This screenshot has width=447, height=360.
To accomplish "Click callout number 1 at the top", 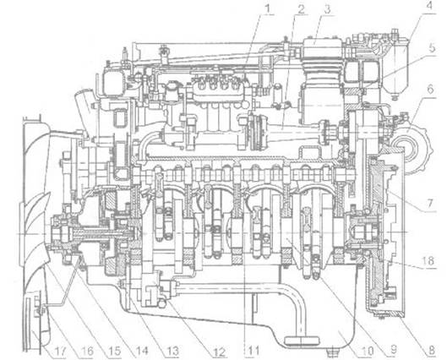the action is click(267, 8).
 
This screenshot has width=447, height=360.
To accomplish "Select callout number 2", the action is click(301, 8).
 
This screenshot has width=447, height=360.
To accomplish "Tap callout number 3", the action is click(327, 8).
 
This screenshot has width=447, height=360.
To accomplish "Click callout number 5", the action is click(432, 48).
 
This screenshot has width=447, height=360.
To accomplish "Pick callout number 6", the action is click(430, 90).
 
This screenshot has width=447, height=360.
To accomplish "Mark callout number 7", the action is click(430, 204).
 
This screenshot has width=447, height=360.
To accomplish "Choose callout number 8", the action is click(431, 350).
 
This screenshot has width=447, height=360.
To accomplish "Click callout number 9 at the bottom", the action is click(394, 350).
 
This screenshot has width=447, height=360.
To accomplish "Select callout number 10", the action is click(367, 351).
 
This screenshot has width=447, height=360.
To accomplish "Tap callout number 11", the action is click(253, 351).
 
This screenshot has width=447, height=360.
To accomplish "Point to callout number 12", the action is click(219, 352).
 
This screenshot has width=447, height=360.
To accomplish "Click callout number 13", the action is click(172, 352).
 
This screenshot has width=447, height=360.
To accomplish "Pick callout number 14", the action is click(142, 352).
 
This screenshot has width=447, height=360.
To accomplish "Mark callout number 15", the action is click(114, 352).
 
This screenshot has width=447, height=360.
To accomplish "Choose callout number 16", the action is click(86, 352).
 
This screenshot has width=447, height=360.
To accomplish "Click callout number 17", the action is click(58, 352).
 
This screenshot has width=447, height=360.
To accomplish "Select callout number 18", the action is click(428, 260).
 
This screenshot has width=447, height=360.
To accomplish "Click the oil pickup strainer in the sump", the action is click(302, 341).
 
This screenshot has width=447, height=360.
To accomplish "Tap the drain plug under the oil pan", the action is click(331, 352).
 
